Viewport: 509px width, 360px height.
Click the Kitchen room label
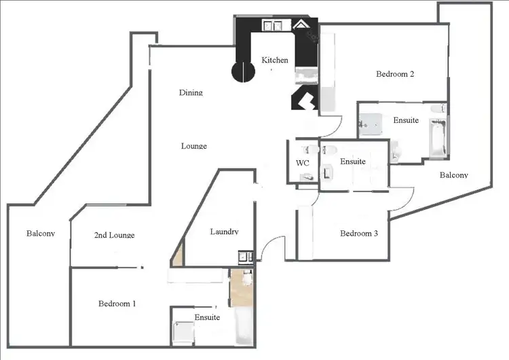tap(275, 60)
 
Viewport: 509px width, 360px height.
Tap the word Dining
tap(191, 92)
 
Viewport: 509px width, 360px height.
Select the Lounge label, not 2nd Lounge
tap(193, 146)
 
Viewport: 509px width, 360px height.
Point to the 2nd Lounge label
tap(113, 235)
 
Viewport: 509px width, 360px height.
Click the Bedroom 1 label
tap(117, 304)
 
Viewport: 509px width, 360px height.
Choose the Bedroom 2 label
tap(395, 75)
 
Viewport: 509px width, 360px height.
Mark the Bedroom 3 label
tap(358, 234)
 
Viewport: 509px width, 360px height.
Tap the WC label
tap(303, 163)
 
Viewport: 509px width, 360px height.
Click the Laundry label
tap(224, 232)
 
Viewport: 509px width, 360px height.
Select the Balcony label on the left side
tap(40, 234)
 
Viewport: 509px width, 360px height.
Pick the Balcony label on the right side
tap(453, 175)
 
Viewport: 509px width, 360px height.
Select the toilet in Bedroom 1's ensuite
tap(247, 278)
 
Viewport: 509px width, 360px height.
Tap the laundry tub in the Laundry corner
tap(245, 257)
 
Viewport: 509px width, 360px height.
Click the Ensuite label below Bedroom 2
tap(406, 120)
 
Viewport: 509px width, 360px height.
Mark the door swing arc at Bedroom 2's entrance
tap(328, 126)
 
